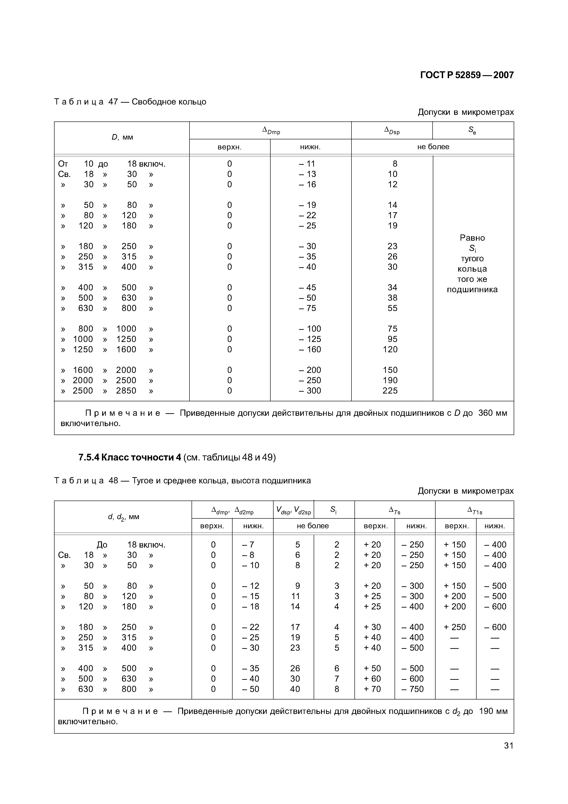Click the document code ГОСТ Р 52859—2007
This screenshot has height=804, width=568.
[x=467, y=75]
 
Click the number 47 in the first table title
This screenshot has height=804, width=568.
[x=113, y=102]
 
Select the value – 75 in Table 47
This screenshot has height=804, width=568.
[x=307, y=308]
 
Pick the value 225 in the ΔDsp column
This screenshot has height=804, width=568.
[x=390, y=391]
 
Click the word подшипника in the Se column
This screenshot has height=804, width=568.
[x=472, y=290]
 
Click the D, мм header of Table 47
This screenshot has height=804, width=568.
[x=122, y=137]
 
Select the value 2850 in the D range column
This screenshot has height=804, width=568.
[x=126, y=391]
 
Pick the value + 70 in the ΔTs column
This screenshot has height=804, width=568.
[x=372, y=689]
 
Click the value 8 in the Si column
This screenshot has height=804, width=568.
[x=336, y=689]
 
